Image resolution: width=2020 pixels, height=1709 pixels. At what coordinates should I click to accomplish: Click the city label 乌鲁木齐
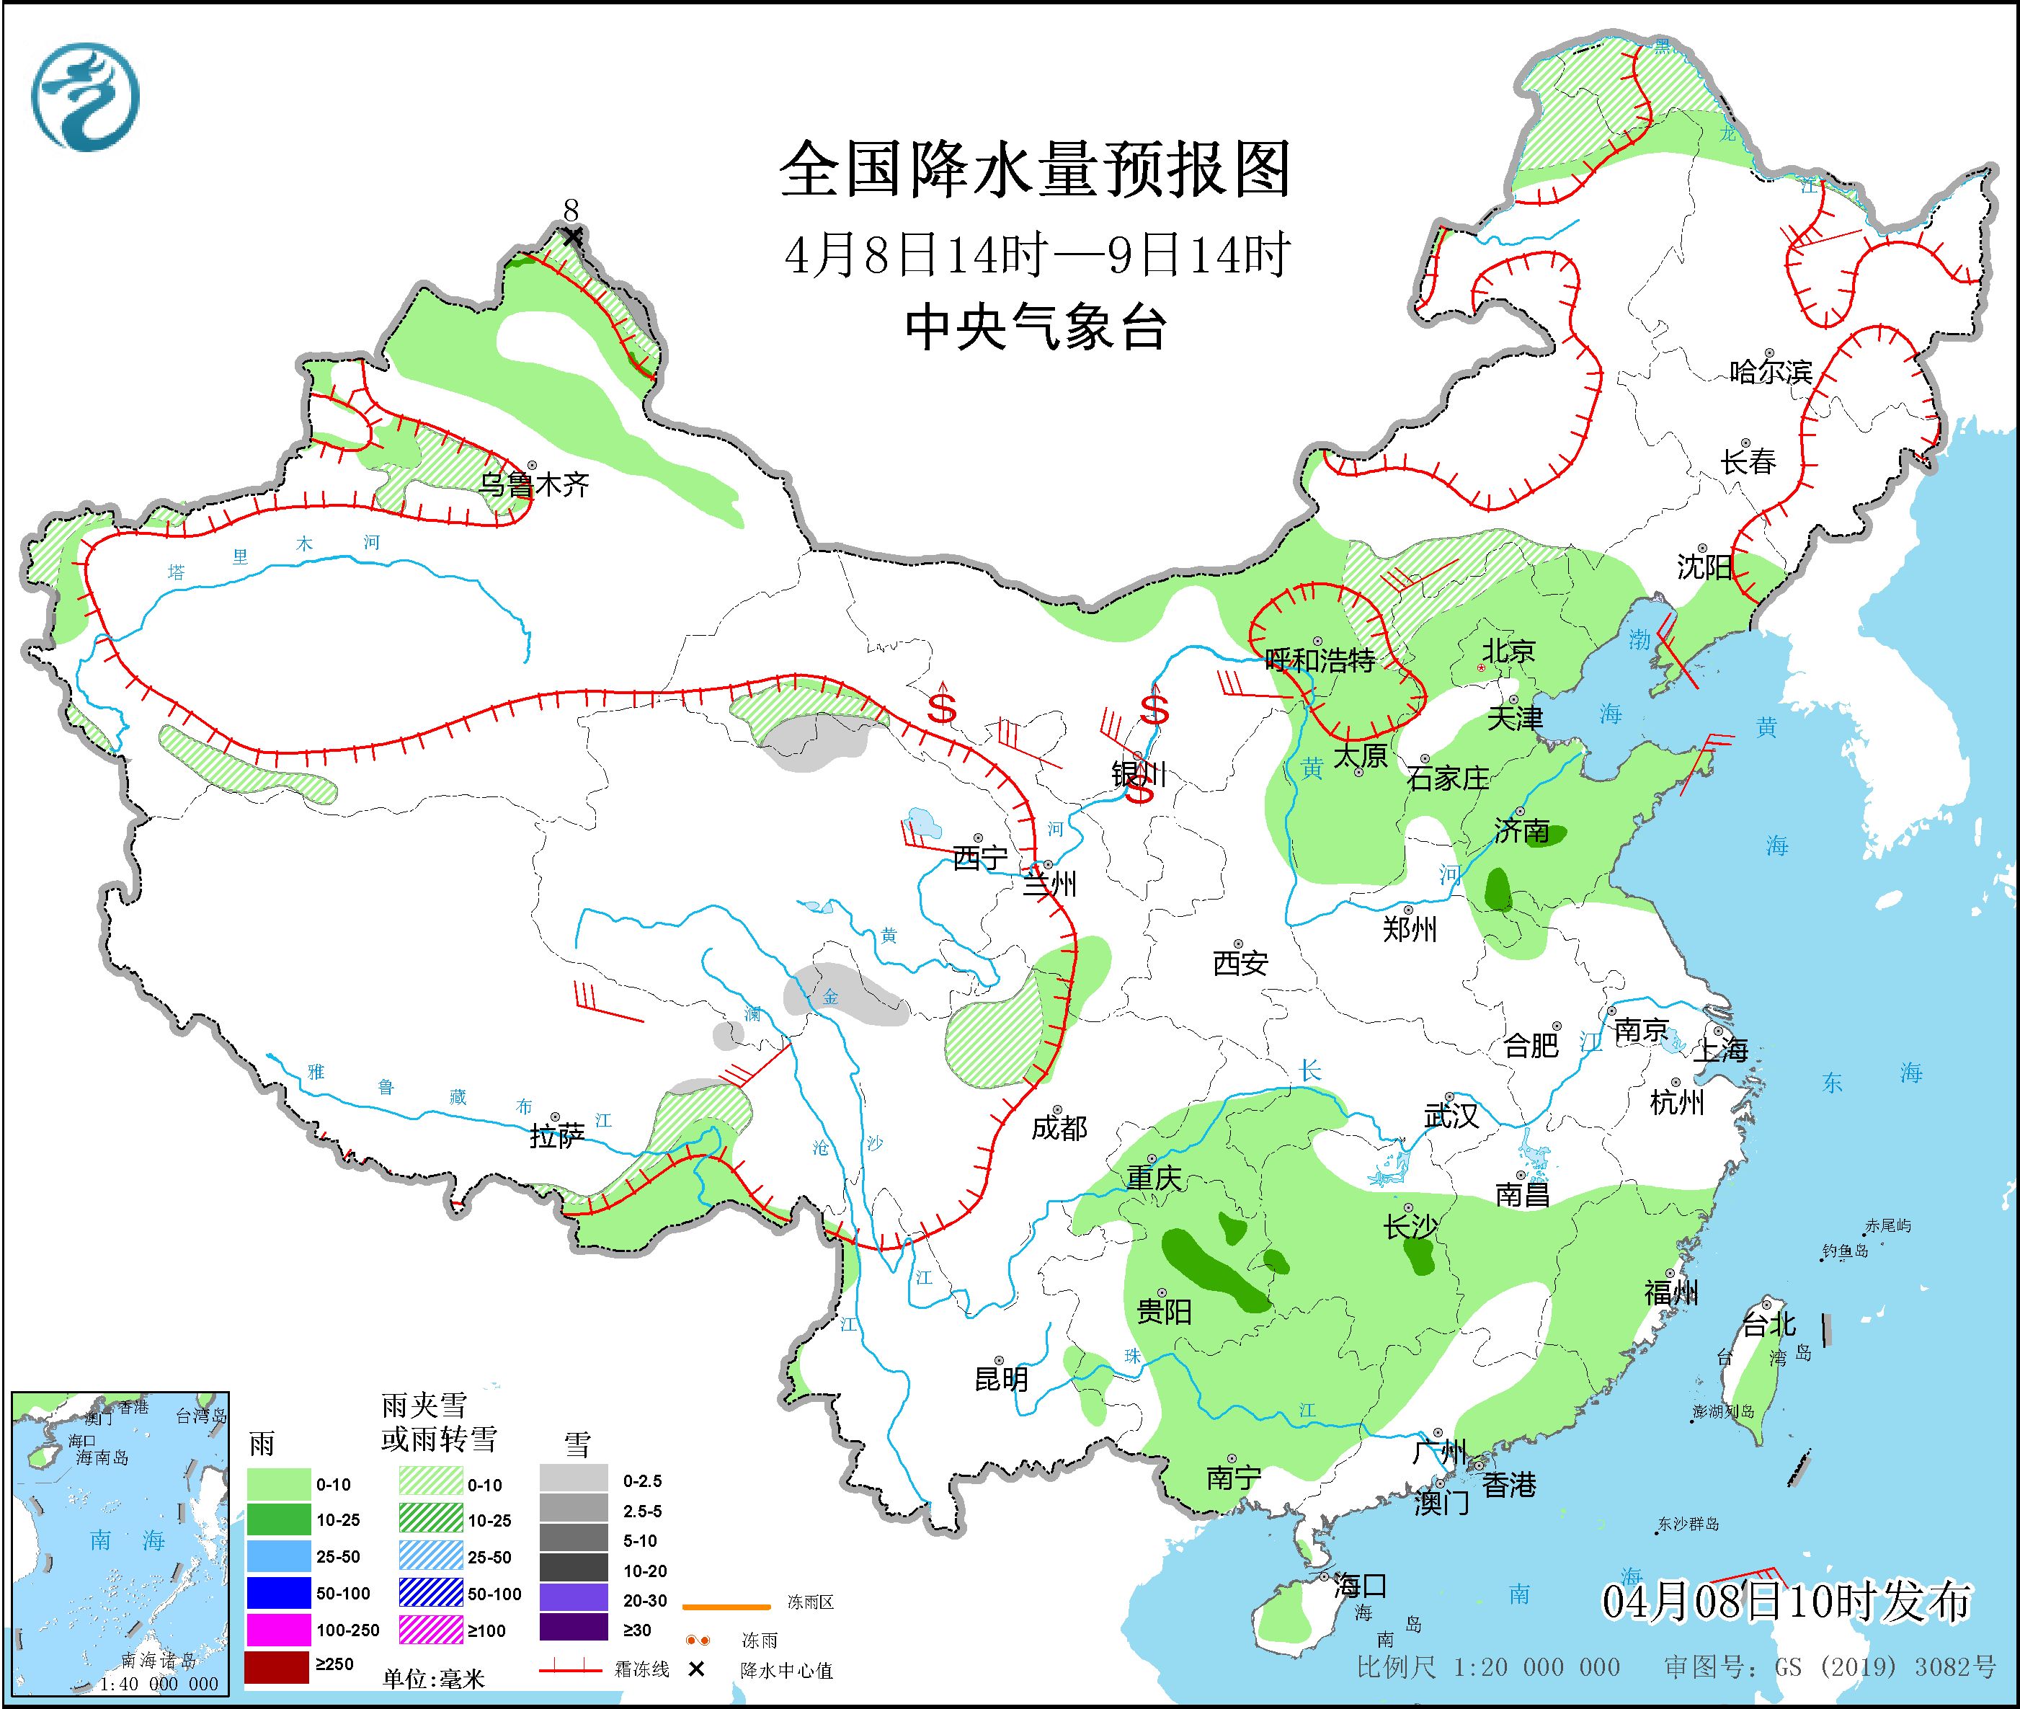click(534, 484)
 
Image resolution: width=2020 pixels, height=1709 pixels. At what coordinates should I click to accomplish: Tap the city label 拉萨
click(557, 1135)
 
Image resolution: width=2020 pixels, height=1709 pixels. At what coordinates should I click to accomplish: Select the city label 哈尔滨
click(1770, 372)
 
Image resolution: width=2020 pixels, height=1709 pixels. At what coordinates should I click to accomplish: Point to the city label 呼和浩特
click(1320, 661)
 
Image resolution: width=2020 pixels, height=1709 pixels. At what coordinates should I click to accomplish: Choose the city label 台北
click(1769, 1324)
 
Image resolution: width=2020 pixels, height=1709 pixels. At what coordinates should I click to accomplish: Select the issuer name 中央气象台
click(1035, 327)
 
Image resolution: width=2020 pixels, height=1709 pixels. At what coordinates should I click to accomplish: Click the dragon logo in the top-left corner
click(85, 97)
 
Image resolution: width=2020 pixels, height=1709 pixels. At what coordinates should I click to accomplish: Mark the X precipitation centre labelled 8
click(573, 236)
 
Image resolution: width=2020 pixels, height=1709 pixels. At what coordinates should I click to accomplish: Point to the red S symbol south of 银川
click(1139, 792)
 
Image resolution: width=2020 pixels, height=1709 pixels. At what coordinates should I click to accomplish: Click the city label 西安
click(1240, 962)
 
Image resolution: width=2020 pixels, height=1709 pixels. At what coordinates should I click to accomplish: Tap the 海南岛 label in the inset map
click(102, 1458)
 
